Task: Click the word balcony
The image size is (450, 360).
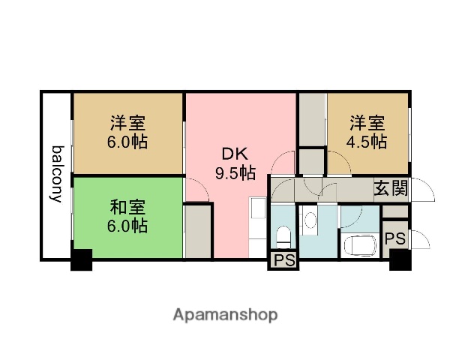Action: coord(56,174)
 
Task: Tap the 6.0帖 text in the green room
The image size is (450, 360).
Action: coord(128,225)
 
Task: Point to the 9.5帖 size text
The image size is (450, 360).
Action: coord(235,173)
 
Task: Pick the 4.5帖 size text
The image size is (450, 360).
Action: coord(367,141)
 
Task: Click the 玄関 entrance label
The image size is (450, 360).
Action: coord(391,188)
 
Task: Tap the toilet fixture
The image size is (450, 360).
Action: coord(283,237)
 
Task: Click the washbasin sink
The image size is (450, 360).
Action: coord(310,220)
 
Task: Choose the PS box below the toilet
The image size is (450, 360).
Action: coord(283,260)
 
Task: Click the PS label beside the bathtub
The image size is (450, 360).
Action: coord(394,239)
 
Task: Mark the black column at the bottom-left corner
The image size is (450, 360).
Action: coord(81,259)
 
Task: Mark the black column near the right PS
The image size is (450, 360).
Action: coord(400,259)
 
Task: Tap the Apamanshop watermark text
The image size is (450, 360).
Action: coord(225,314)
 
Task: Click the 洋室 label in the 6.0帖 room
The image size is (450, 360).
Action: coord(128,122)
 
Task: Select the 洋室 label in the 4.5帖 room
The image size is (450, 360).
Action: coord(367,122)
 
